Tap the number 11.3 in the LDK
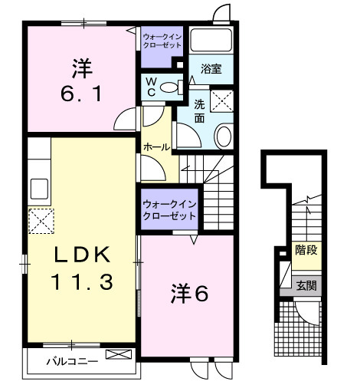click(83, 281)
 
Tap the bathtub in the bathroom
click(211, 40)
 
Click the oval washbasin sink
click(224, 136)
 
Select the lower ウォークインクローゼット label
click(168, 209)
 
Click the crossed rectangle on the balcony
click(118, 354)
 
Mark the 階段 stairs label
click(306, 250)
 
